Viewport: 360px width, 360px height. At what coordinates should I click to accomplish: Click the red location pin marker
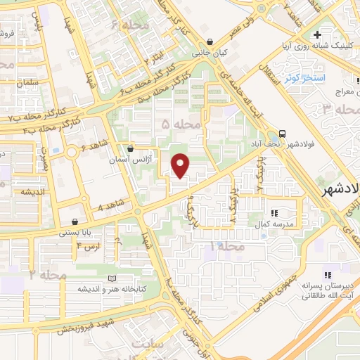tap(181, 165)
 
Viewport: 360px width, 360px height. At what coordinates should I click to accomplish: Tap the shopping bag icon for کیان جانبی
tap(210, 41)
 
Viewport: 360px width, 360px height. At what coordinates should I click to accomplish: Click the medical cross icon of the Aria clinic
tap(318, 34)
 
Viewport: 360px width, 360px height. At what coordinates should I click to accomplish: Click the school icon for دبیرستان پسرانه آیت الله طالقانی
tap(326, 275)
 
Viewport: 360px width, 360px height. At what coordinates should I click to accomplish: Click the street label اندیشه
tap(33, 191)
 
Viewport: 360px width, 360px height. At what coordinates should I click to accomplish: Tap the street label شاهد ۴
tap(110, 207)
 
